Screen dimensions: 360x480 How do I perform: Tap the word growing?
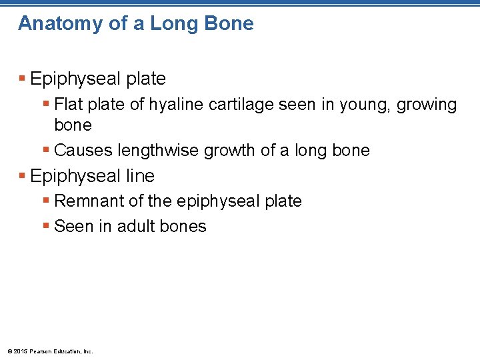pos(427,105)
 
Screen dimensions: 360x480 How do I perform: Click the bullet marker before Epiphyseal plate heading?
pos(22,79)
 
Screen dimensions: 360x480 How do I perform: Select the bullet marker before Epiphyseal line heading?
pos(22,177)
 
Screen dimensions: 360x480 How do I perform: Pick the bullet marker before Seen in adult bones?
pos(46,227)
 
